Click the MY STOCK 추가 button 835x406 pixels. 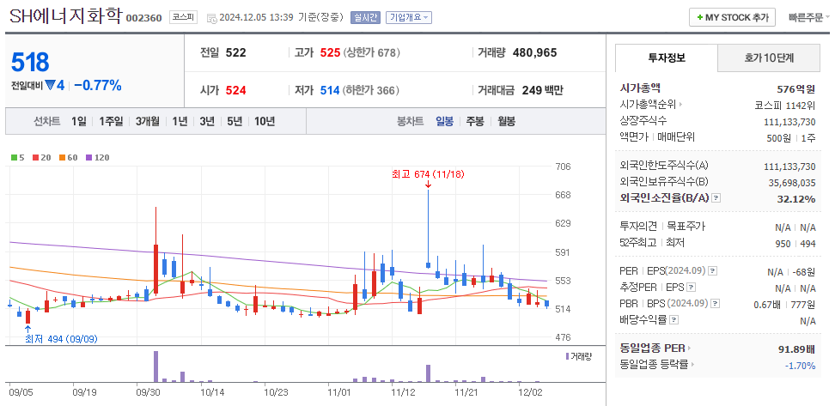pos(732,17)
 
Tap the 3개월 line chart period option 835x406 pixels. pos(149,121)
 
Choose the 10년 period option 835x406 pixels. pos(264,121)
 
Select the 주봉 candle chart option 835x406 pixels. pos(474,121)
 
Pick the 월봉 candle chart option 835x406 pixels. pos(506,121)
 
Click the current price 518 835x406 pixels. pos(31,62)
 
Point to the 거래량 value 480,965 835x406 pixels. pos(534,52)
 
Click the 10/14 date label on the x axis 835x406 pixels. pos(212,391)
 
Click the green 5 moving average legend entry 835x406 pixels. pos(17,158)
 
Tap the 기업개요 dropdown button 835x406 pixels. pos(409,17)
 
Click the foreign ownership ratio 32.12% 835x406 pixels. pos(795,199)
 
